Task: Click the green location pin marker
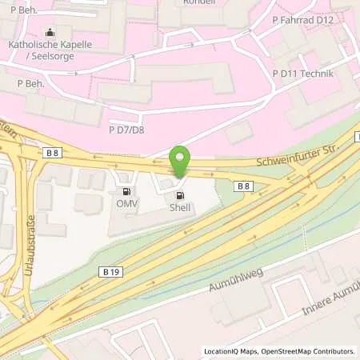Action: coord(180,162)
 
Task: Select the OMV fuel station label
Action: coord(126,204)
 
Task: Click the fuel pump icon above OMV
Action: coord(126,192)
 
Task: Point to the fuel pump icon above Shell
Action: coord(180,194)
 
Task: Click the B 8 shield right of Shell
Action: coord(244,186)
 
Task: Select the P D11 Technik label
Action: coord(302,74)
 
